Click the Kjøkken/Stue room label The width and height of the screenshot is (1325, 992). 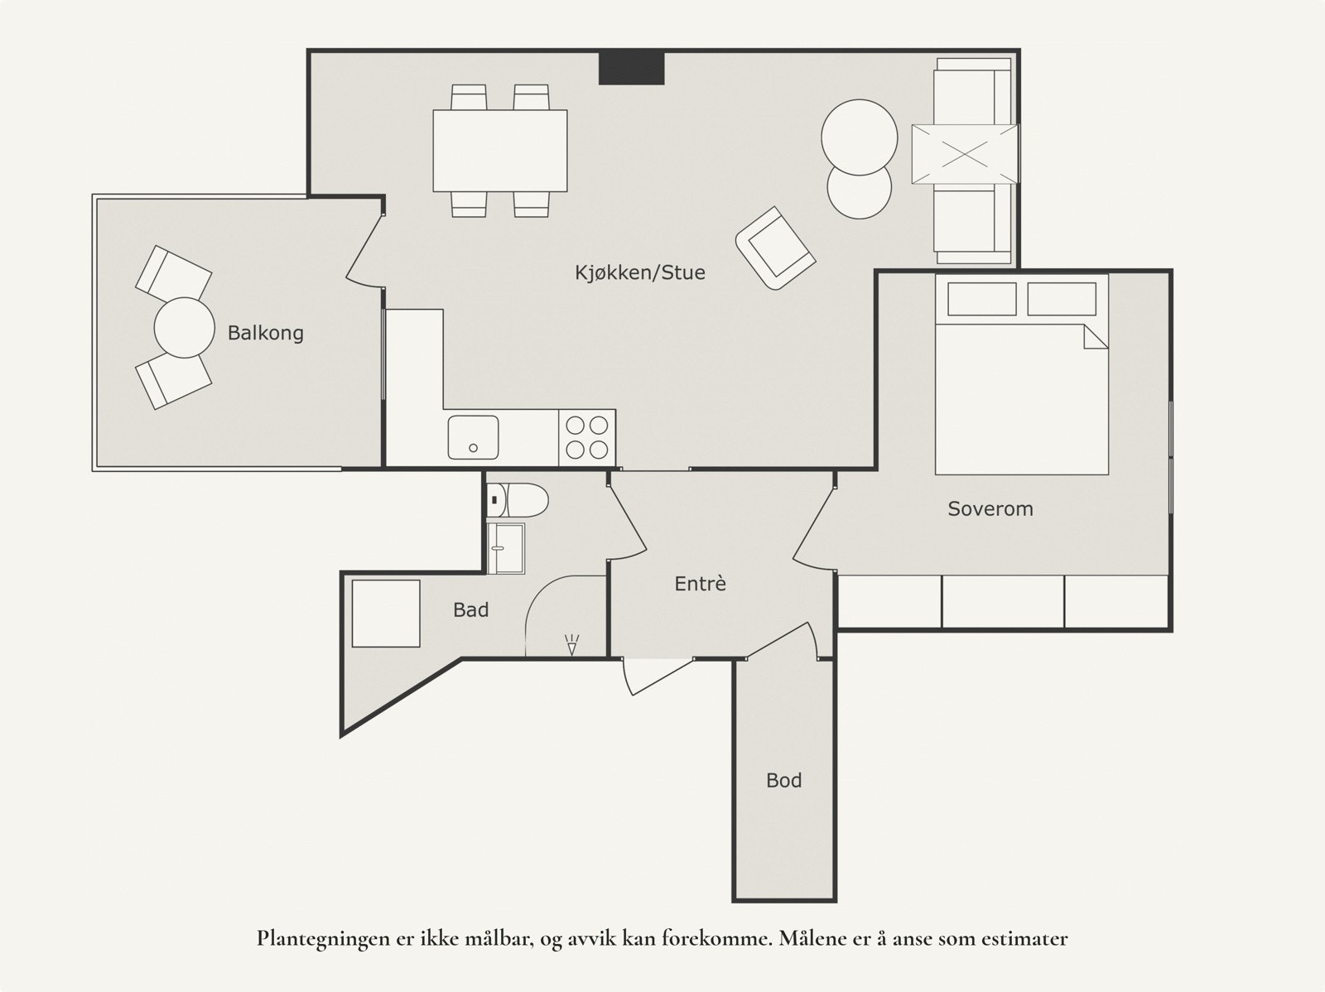(x=640, y=272)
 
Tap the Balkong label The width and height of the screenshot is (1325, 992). (x=266, y=333)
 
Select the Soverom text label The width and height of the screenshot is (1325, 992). (x=990, y=508)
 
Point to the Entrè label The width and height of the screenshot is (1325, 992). (x=701, y=584)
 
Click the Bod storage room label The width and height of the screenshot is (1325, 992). (x=784, y=780)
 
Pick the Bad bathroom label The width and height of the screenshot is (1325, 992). (x=471, y=610)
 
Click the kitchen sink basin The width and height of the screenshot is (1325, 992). (x=473, y=437)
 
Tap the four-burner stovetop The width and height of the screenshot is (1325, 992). (x=587, y=437)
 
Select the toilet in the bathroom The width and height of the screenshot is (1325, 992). (x=518, y=499)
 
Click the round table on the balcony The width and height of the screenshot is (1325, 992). (x=184, y=328)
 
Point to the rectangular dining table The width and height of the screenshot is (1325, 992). (x=500, y=151)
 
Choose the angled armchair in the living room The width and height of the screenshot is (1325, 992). (x=776, y=248)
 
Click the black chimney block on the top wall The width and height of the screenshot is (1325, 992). (x=631, y=68)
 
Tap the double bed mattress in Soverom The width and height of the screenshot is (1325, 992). (x=1022, y=399)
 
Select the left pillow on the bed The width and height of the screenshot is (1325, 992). (x=982, y=299)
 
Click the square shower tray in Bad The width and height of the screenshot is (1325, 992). (x=386, y=614)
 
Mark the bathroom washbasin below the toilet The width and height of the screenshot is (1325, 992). (x=506, y=548)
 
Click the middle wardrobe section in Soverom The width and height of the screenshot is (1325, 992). (x=1003, y=602)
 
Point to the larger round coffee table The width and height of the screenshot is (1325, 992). (x=860, y=137)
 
